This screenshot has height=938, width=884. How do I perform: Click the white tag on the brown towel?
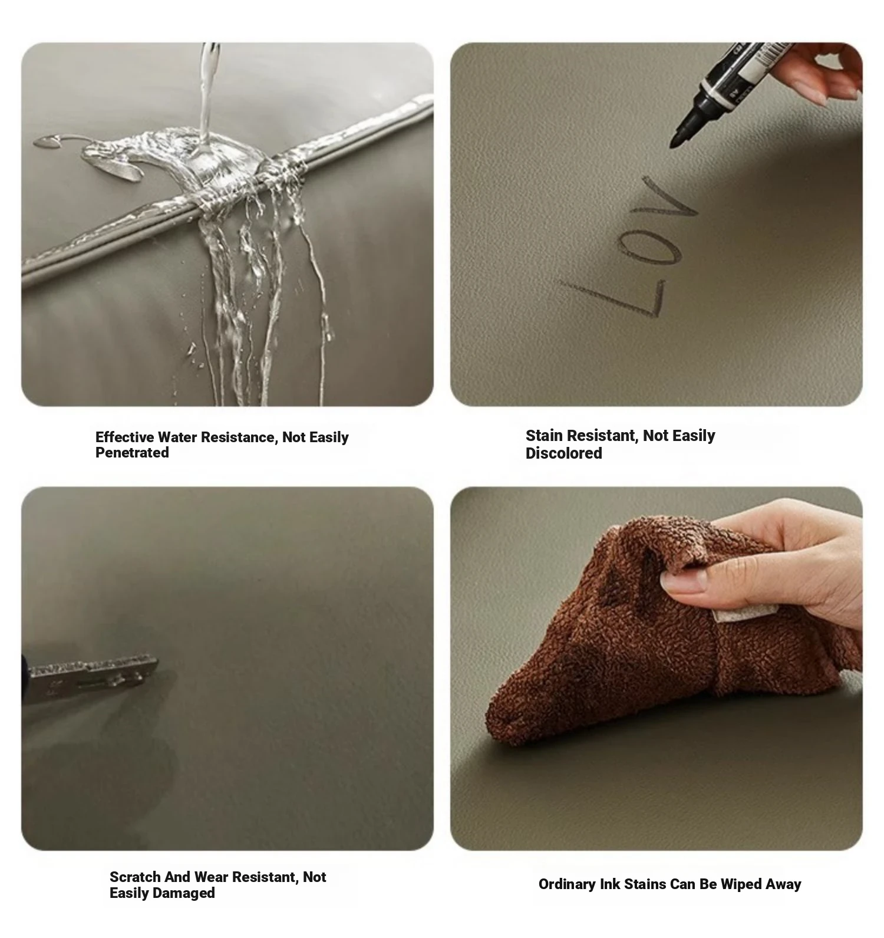coord(733,614)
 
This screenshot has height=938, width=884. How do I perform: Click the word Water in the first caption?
coord(178,437)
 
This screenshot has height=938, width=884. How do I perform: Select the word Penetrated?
coord(132,452)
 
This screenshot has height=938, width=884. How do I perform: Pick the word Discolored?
coord(564,453)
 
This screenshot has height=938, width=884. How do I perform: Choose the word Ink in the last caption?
coord(610,884)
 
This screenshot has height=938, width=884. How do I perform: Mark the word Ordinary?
coord(567,884)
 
